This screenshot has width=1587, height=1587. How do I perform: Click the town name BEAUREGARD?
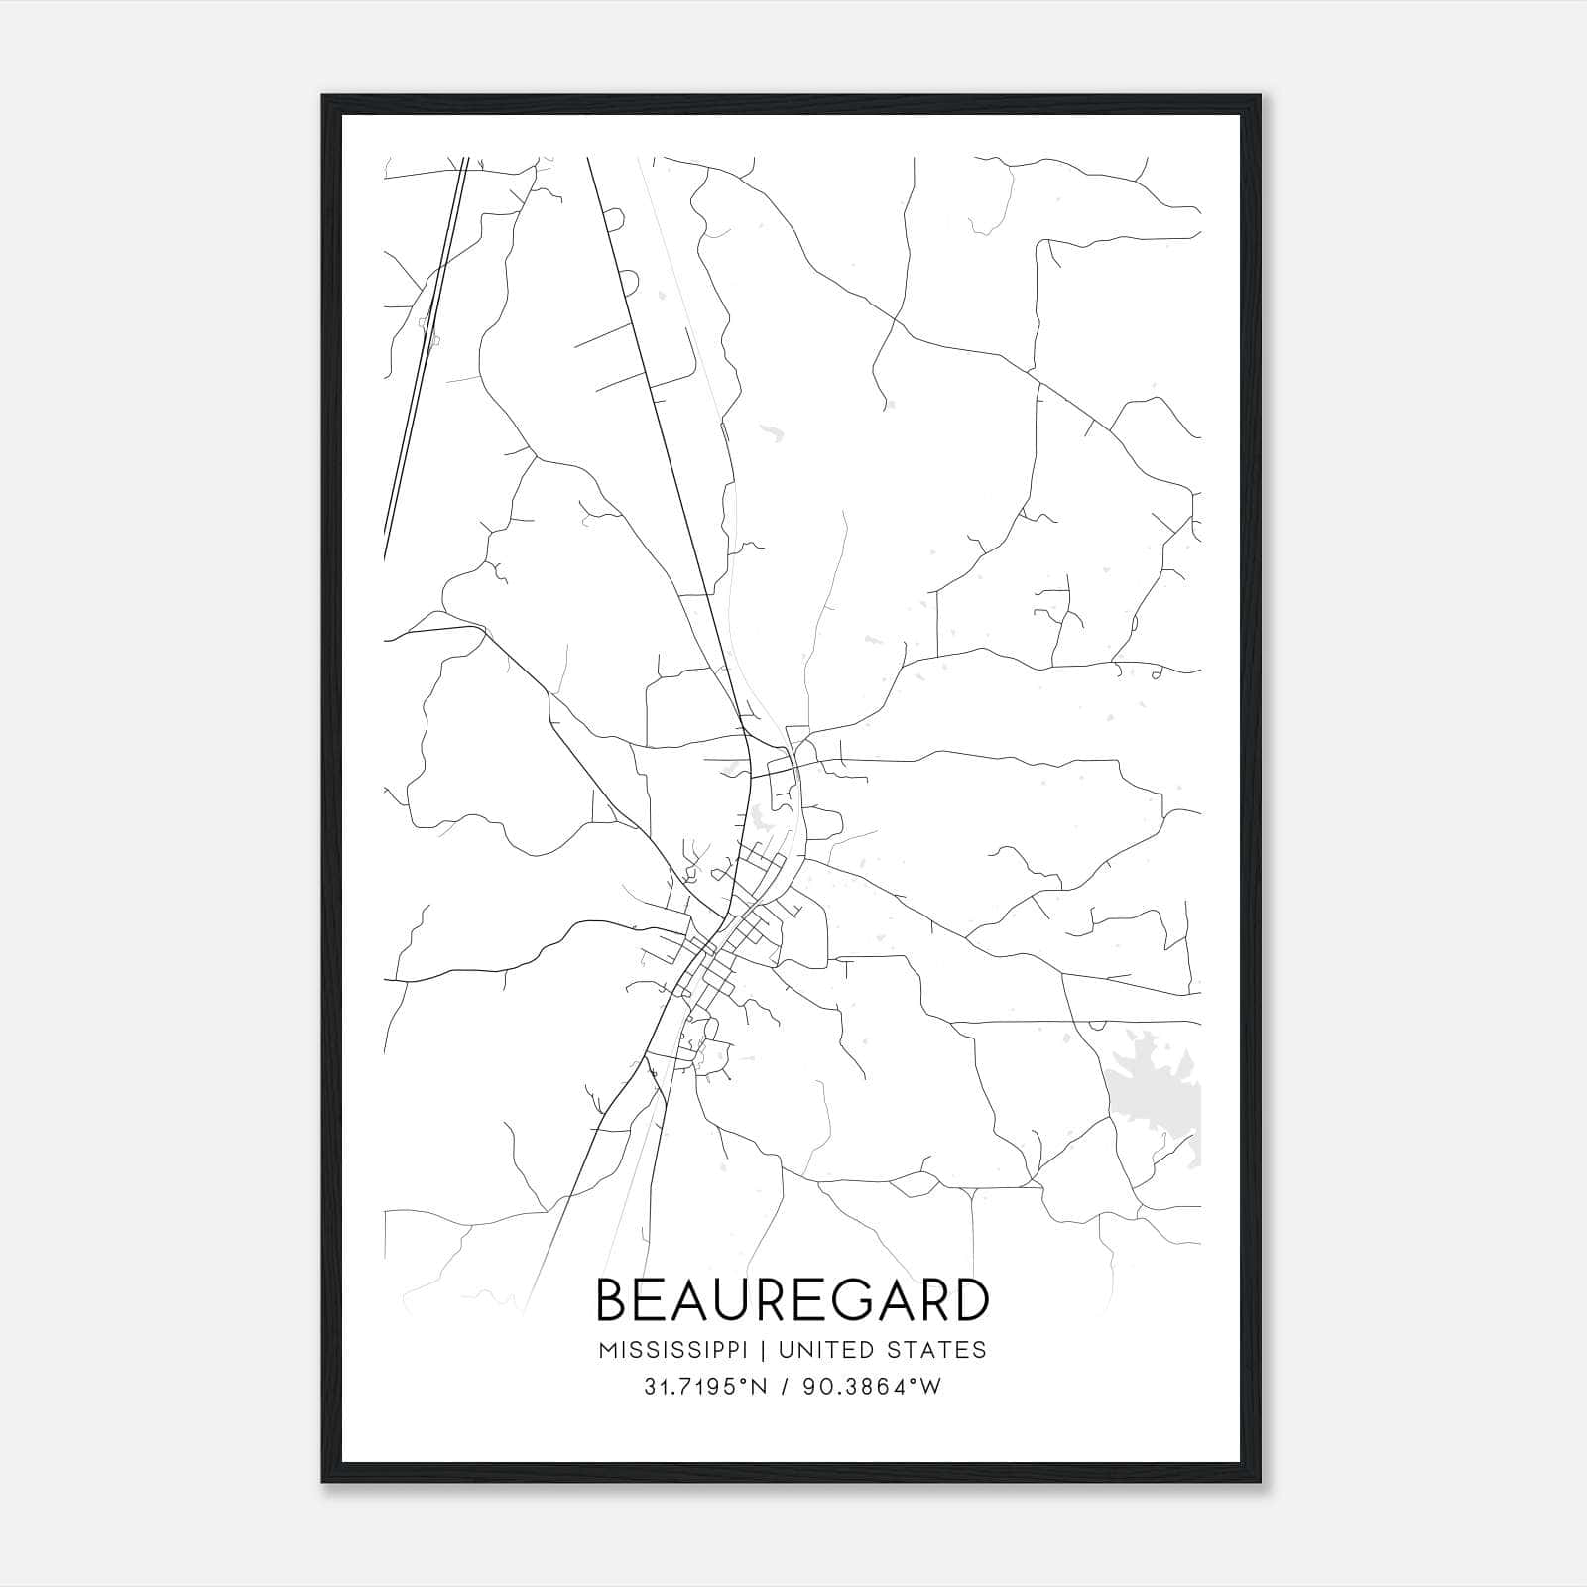(x=793, y=1300)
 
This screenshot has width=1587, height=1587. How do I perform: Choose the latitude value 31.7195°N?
(x=704, y=1387)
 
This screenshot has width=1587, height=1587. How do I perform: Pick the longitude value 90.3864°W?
(x=873, y=1387)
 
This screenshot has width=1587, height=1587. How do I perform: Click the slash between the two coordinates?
(x=785, y=1387)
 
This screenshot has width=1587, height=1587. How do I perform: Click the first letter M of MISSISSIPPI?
(x=606, y=1349)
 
